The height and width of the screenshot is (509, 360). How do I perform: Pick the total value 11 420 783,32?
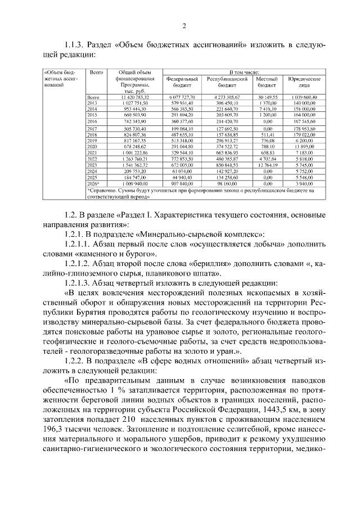point(133,97)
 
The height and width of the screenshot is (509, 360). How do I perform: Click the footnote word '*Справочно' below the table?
point(102,191)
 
